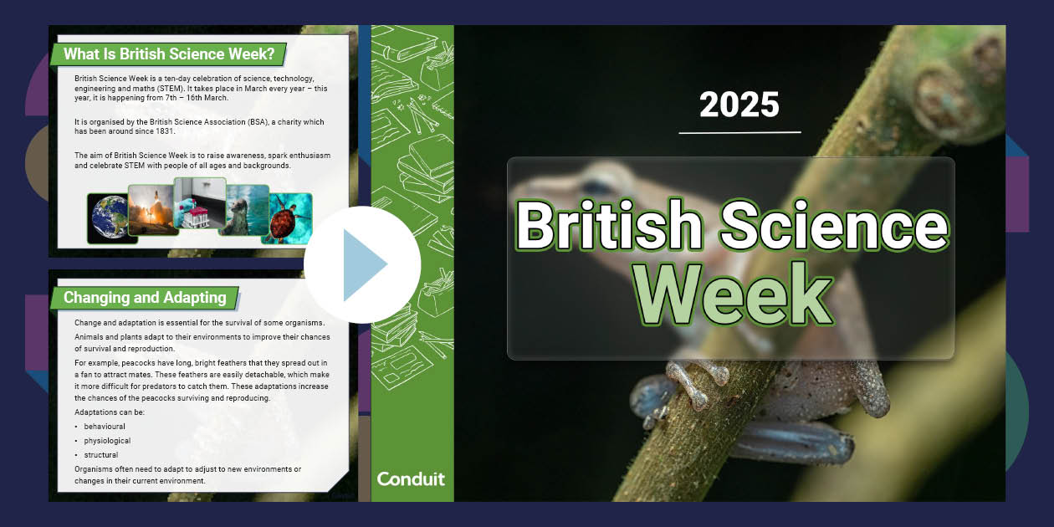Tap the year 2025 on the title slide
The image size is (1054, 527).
click(739, 105)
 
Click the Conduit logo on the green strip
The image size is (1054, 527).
click(412, 479)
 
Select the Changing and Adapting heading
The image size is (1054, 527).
click(145, 297)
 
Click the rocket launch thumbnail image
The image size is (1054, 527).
click(151, 210)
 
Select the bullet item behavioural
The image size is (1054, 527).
click(105, 427)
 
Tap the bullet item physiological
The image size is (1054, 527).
click(107, 441)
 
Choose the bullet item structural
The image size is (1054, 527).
click(101, 455)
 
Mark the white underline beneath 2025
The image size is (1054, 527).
click(739, 132)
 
